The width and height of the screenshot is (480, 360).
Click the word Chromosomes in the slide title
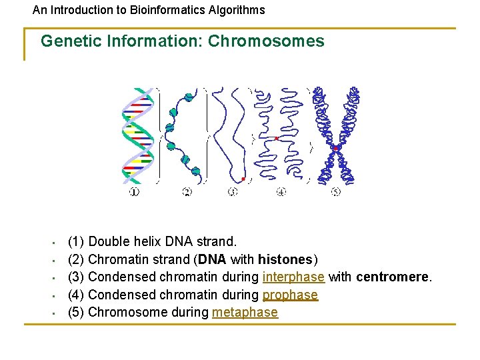(266, 41)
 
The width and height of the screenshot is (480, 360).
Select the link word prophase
(290, 295)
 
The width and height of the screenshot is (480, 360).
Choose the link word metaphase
(245, 312)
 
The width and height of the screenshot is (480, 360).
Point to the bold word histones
(285, 259)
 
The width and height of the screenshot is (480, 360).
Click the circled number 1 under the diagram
(134, 192)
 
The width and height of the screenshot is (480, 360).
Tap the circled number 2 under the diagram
(187, 192)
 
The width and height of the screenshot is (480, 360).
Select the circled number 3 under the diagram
(233, 192)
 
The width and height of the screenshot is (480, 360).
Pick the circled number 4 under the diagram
(281, 192)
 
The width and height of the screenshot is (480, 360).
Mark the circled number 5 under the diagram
(335, 192)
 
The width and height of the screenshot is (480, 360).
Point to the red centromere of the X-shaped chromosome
(337, 147)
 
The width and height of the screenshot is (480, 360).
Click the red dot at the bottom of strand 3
(243, 179)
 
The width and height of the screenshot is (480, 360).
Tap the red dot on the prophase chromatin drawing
(276, 138)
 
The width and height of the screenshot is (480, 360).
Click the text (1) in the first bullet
(76, 241)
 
